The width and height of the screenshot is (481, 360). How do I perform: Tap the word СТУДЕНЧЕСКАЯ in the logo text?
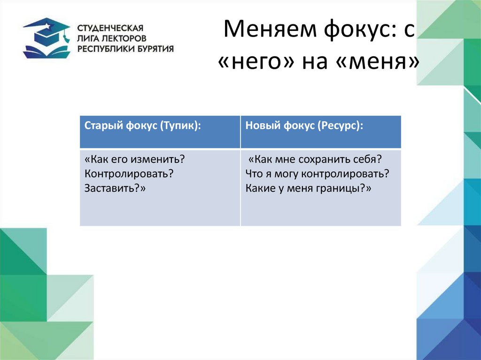pos(110,28)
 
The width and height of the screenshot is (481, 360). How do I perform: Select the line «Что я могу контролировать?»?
pos(318,174)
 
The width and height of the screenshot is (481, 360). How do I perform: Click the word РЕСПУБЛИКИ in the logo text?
pos(103,48)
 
